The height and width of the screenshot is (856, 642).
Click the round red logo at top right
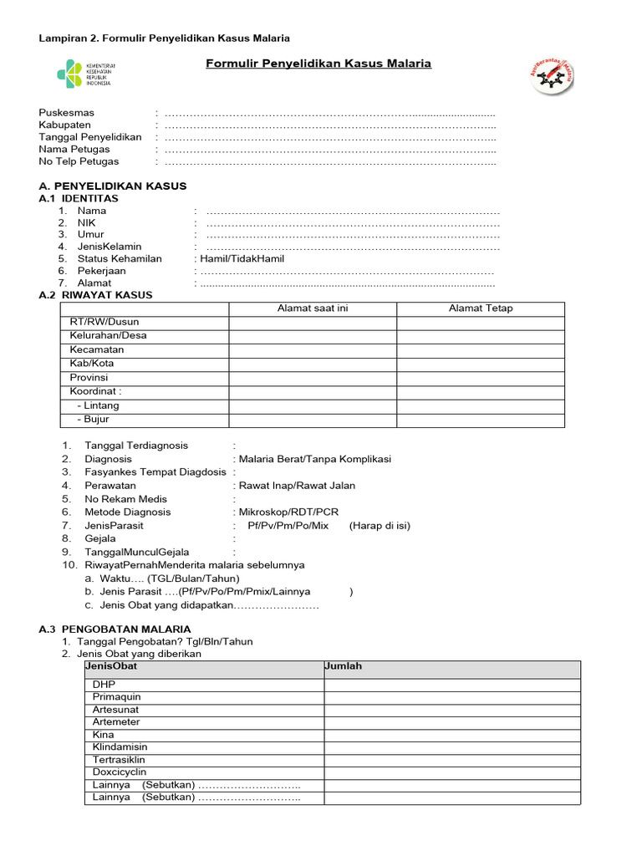click(x=553, y=77)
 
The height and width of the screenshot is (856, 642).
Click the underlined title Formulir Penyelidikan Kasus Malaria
click(x=318, y=63)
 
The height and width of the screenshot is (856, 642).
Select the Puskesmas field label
click(x=67, y=113)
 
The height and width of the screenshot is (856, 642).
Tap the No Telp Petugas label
click(x=79, y=161)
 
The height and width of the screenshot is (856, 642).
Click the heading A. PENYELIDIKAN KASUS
click(x=113, y=186)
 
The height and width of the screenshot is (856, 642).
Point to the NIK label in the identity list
click(x=87, y=223)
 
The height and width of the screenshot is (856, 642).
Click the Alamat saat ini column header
click(x=313, y=308)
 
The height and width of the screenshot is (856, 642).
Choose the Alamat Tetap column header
click(x=481, y=308)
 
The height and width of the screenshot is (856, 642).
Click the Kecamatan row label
click(x=97, y=349)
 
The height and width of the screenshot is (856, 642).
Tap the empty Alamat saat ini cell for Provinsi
click(x=313, y=378)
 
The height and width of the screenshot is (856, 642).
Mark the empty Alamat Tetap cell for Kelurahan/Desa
click(x=481, y=336)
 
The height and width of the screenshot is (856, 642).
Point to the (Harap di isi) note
click(x=380, y=526)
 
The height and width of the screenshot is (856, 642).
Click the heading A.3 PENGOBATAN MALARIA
click(x=115, y=629)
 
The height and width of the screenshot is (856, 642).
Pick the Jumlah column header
click(x=343, y=666)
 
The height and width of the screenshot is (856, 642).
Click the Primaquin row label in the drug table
click(x=117, y=696)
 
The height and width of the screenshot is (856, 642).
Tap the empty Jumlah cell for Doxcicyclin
click(x=451, y=772)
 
